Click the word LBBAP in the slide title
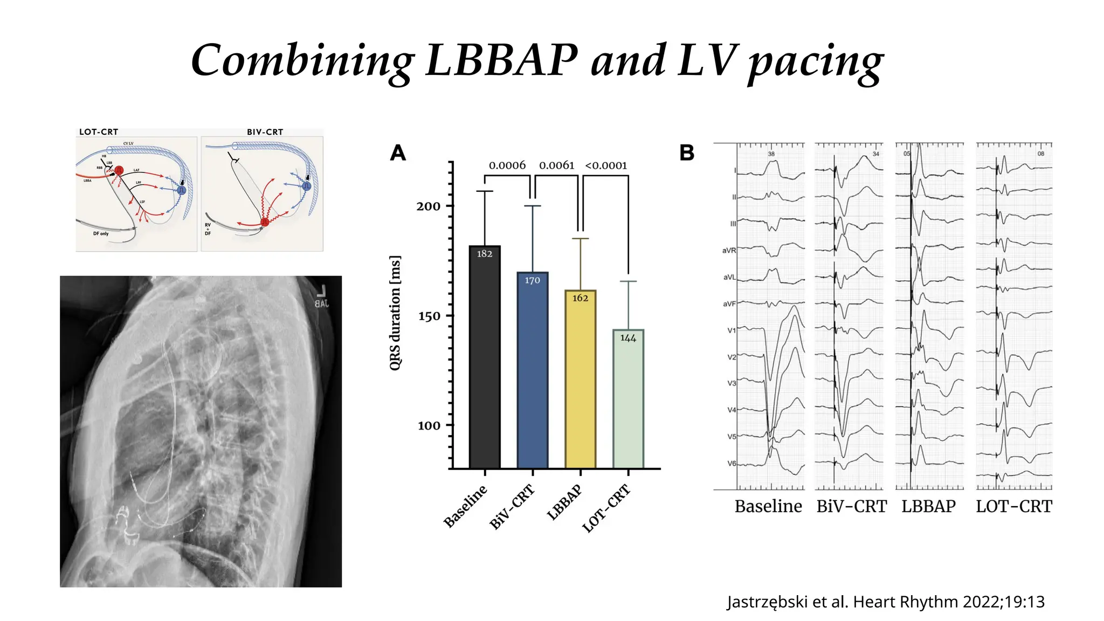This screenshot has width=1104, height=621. coord(501,60)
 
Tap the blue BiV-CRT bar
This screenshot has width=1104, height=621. coord(532,372)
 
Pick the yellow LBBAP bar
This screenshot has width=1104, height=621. coord(580,383)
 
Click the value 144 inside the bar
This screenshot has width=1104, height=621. coord(628,338)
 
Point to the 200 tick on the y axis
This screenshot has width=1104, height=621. coord(429,206)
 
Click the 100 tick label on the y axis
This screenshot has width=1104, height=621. coord(429,426)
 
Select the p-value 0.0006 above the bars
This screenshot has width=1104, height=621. coord(507,165)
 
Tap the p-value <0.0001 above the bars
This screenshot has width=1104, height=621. coord(606,165)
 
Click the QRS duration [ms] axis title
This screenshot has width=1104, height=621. coord(395,313)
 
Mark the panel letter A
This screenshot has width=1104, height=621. coord(398,153)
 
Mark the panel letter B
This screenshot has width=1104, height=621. coord(687,153)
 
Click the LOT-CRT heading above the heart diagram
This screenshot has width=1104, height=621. coord(99,132)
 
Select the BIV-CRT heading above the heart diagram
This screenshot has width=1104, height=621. coord(265,132)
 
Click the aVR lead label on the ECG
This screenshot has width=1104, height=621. coord(729,250)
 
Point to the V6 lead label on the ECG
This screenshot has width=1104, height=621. coord(732,464)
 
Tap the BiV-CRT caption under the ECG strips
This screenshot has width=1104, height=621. coord(851,507)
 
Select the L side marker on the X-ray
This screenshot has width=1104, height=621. coord(321,292)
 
